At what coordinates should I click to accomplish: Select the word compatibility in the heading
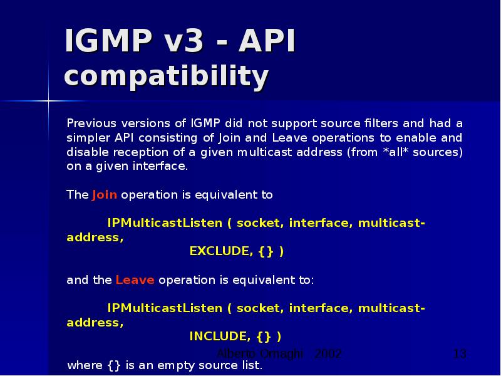pyautogui.click(x=167, y=77)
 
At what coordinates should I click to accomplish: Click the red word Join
pyautogui.click(x=105, y=194)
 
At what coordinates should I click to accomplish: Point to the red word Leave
pyautogui.click(x=135, y=280)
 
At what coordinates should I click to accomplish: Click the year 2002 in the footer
pyautogui.click(x=328, y=354)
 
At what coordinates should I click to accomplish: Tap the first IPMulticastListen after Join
pyautogui.click(x=165, y=223)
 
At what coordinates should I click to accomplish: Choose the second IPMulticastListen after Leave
pyautogui.click(x=165, y=308)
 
